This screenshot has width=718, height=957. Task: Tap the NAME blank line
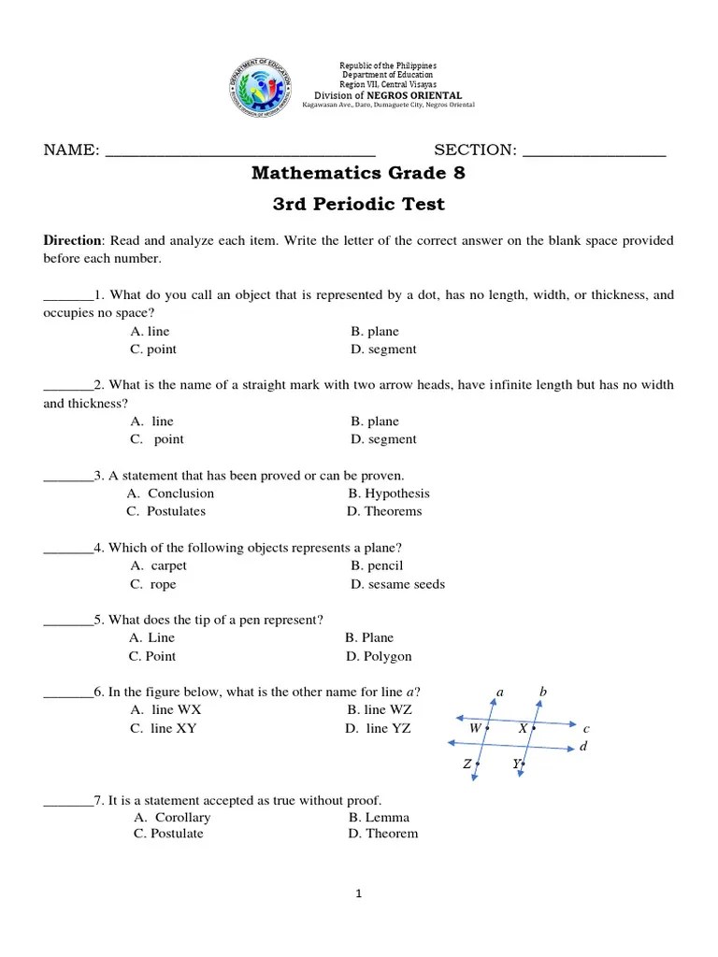pyautogui.click(x=240, y=152)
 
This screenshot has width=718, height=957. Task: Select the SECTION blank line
pyautogui.click(x=594, y=152)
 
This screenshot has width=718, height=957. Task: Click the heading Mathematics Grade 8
pyautogui.click(x=358, y=174)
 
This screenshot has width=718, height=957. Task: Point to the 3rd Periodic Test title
pyautogui.click(x=358, y=205)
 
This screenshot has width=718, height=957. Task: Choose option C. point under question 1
pyautogui.click(x=153, y=350)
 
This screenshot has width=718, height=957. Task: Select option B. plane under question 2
pyautogui.click(x=375, y=421)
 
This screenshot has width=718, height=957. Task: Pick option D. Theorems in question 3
pyautogui.click(x=383, y=511)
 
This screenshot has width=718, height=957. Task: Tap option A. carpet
pyautogui.click(x=159, y=566)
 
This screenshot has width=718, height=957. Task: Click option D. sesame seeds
pyautogui.click(x=397, y=584)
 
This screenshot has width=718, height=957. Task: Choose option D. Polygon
pyautogui.click(x=379, y=656)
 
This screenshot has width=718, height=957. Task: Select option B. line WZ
pyautogui.click(x=379, y=710)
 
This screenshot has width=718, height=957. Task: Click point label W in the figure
pyautogui.click(x=475, y=727)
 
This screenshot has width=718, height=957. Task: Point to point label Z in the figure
pyautogui.click(x=467, y=764)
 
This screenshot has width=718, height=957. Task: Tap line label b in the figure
pyautogui.click(x=542, y=693)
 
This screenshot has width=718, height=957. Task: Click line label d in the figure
pyautogui.click(x=583, y=747)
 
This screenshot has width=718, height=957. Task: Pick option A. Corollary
pyautogui.click(x=172, y=818)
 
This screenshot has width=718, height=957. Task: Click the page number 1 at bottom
pyautogui.click(x=358, y=894)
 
